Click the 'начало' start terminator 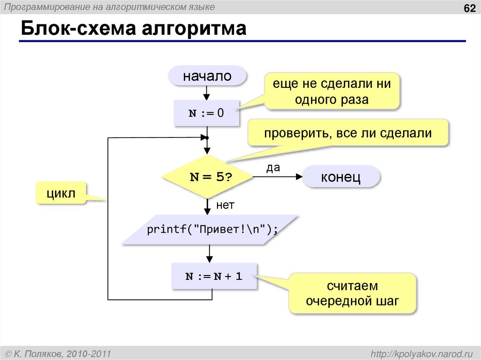(x=207, y=76)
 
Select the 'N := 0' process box (x=207, y=114)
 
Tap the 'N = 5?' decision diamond (x=207, y=177)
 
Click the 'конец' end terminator (x=341, y=177)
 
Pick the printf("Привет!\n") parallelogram (x=210, y=230)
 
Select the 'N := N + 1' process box (x=214, y=276)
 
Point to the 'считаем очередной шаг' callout (x=352, y=293)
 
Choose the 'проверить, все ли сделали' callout (x=348, y=133)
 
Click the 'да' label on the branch (x=273, y=168)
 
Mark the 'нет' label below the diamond (x=225, y=205)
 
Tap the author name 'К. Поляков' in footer (x=39, y=353)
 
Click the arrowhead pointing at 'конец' (x=299, y=177)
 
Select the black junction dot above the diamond (x=206, y=138)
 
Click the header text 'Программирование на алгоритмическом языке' (x=110, y=7)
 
